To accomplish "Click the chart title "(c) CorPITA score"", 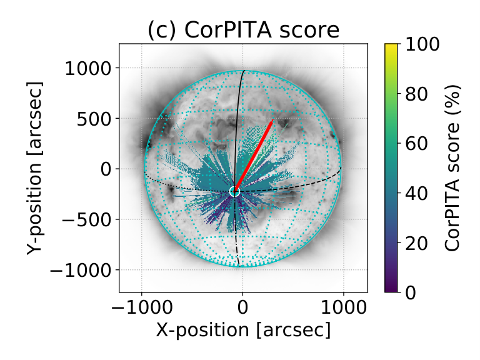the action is pos(243,30).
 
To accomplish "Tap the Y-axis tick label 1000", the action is pos(88,68).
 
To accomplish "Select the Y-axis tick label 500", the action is pos(94,119).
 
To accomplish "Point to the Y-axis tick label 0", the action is pos(106,169).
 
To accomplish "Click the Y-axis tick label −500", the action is pos(87,219).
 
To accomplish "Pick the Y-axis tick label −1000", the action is pos(81,270).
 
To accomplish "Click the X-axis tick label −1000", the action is pos(142,307).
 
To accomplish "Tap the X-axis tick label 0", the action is pos(242,307).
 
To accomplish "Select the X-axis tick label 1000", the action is pos(344,307).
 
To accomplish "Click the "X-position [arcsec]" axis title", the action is pos(243,330).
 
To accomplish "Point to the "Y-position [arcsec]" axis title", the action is pos(34,168).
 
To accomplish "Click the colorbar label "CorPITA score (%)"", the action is pos(452,168).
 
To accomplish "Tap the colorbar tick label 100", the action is pos(422,44).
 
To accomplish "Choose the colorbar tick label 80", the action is pos(417,93).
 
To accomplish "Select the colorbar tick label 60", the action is pos(417,143).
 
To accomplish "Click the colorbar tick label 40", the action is pos(417,193).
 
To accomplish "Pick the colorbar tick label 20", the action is pos(417,243).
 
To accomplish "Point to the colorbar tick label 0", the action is pos(411,292).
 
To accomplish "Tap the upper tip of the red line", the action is pos(272,119).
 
